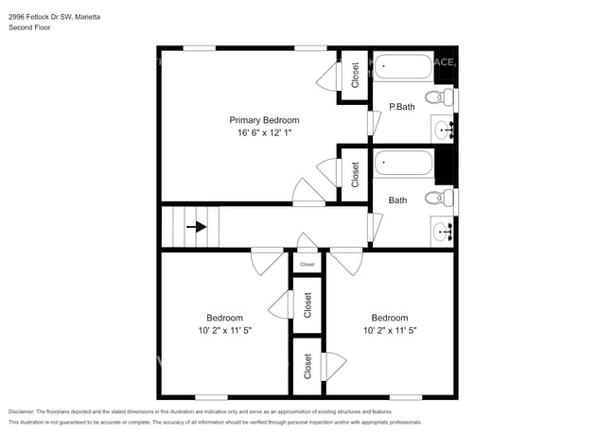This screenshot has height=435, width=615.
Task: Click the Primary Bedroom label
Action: (x=265, y=120)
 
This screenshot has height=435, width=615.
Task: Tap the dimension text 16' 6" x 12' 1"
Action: (x=265, y=134)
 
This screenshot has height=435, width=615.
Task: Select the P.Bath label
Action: (x=402, y=107)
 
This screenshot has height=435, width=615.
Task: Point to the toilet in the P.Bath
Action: (x=437, y=96)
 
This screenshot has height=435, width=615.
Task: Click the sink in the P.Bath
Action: (x=443, y=129)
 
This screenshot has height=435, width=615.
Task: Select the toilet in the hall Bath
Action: (x=437, y=198)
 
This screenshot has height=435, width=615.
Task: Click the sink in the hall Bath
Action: (x=443, y=230)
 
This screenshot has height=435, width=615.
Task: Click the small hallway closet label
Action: (x=307, y=265)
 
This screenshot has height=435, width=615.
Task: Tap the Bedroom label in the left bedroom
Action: (x=225, y=318)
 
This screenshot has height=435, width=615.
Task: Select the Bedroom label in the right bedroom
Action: (x=389, y=318)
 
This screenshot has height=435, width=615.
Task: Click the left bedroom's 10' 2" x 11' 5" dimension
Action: (x=225, y=331)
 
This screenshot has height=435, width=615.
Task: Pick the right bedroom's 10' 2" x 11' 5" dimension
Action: (x=389, y=331)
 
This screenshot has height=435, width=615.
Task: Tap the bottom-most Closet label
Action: (x=307, y=367)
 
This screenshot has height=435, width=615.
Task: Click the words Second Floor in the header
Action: (x=29, y=27)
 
